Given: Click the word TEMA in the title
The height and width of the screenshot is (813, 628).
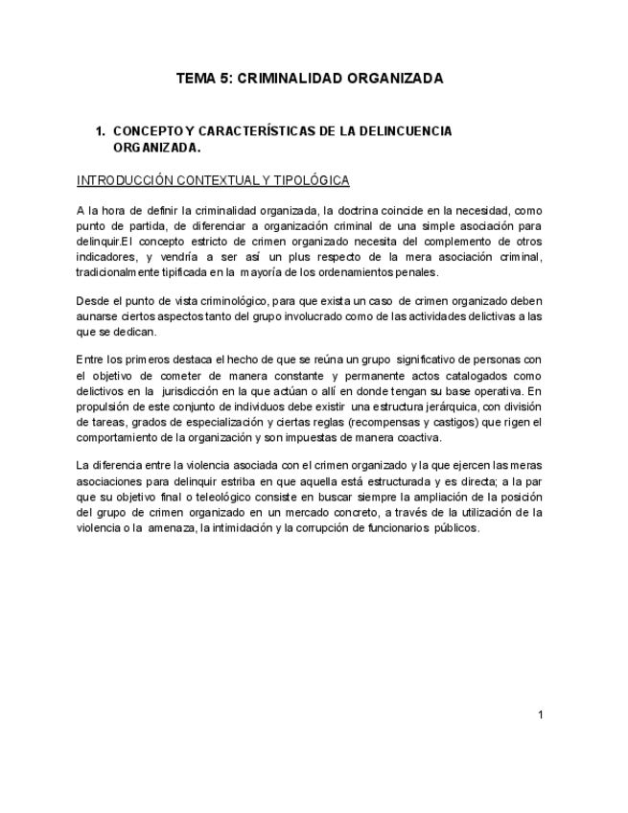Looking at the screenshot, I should click(x=196, y=79).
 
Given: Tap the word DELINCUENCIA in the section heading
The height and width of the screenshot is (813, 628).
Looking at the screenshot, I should click(x=409, y=130).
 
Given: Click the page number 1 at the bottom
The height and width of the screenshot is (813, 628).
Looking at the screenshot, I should click(x=542, y=715).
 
